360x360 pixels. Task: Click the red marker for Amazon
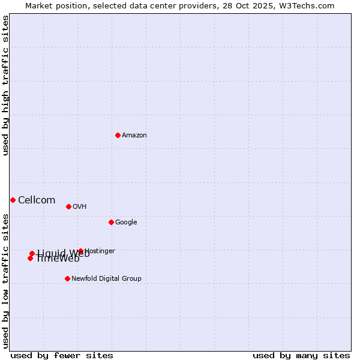[118, 135]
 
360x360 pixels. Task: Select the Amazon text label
[134, 136]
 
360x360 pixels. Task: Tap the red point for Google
[111, 222]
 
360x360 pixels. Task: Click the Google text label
[126, 223]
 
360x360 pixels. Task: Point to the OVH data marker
[68, 206]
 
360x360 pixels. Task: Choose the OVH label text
[80, 207]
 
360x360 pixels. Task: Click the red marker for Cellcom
[13, 200]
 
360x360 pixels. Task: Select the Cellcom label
[37, 200]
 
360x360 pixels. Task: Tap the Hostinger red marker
[80, 251]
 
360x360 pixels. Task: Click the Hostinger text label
[100, 251]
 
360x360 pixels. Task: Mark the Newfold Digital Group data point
[67, 278]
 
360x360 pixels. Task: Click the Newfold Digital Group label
[107, 279]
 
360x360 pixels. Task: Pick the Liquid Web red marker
[32, 253]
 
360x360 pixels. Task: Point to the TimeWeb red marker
[30, 258]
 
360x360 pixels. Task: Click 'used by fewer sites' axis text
[62, 355]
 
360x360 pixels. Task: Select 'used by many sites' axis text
[301, 355]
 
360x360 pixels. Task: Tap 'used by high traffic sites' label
[5, 85]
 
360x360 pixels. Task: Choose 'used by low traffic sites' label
[5, 280]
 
